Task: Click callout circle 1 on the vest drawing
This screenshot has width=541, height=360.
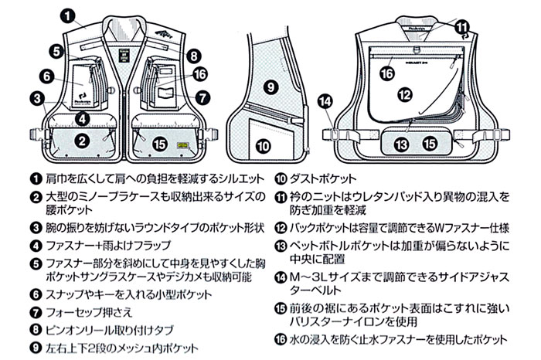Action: [68, 16]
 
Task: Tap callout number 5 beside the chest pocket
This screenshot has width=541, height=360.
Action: [56, 52]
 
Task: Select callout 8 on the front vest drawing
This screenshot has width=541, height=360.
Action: [193, 55]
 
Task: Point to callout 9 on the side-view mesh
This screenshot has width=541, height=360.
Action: [270, 87]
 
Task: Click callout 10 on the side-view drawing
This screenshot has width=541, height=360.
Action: [263, 146]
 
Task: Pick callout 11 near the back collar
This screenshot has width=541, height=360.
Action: [462, 26]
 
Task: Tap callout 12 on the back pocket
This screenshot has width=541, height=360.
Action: [405, 94]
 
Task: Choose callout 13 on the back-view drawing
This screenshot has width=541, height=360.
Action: [401, 144]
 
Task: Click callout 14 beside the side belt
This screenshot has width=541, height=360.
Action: [325, 101]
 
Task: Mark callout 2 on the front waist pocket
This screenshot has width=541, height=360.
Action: [82, 141]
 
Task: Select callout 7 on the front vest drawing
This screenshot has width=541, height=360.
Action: [202, 97]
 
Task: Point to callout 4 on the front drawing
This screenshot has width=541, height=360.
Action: [82, 119]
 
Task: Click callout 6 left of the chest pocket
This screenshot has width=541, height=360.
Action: [47, 76]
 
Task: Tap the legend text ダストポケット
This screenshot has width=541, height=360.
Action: [323, 178]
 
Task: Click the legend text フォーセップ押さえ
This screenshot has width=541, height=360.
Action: [90, 312]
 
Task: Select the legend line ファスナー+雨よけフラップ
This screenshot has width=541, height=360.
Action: [109, 246]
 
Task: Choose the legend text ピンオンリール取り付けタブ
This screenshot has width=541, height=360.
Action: [110, 331]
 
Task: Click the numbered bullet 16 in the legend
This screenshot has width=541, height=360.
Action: [281, 340]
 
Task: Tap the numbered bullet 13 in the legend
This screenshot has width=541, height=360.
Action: [281, 246]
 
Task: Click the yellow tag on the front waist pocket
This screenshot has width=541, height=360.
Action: [182, 146]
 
